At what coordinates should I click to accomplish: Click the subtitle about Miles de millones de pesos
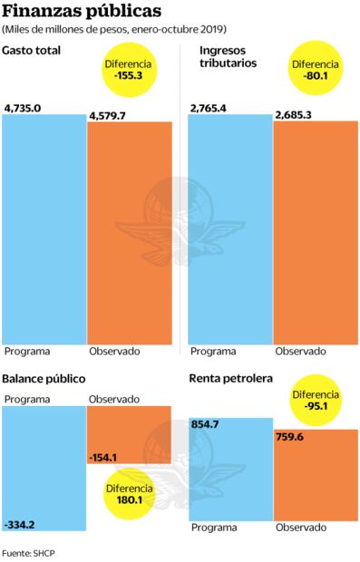114,31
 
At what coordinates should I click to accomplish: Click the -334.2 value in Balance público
21,524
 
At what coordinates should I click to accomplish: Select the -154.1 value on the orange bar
107,457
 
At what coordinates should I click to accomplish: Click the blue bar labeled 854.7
230,471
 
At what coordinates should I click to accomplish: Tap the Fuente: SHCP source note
30,551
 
